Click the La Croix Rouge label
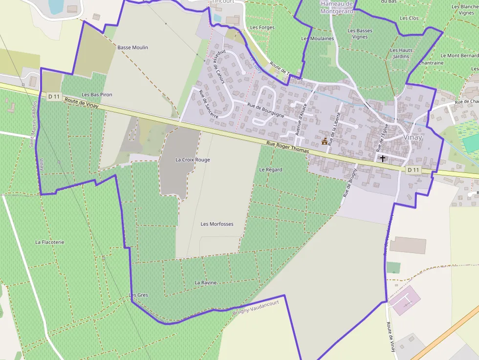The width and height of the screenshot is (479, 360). pyautogui.click(x=193, y=160)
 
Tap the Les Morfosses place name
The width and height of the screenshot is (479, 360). pyautogui.click(x=217, y=224)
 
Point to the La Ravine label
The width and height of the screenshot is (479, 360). pyautogui.click(x=206, y=283)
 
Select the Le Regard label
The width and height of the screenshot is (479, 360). pyautogui.click(x=271, y=169)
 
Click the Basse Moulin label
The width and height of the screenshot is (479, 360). pyautogui.click(x=133, y=47)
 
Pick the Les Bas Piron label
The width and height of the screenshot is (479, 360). pyautogui.click(x=97, y=94)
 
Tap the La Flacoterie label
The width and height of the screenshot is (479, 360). pyautogui.click(x=50, y=242)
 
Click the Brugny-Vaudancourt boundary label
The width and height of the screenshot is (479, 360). pyautogui.click(x=256, y=307)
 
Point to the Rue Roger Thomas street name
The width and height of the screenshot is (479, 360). pyautogui.click(x=288, y=148)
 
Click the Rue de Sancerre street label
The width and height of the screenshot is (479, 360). pyautogui.click(x=208, y=105)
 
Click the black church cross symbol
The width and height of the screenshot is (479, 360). pyautogui.click(x=382, y=158)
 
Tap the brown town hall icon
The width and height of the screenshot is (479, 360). pyautogui.click(x=325, y=141)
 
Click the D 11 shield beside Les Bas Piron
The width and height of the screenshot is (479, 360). pyautogui.click(x=54, y=97)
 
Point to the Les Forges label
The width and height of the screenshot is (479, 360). pyautogui.click(x=262, y=28)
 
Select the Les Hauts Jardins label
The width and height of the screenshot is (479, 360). pyautogui.click(x=401, y=53)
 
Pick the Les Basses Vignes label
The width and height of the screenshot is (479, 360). pyautogui.click(x=360, y=34)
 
